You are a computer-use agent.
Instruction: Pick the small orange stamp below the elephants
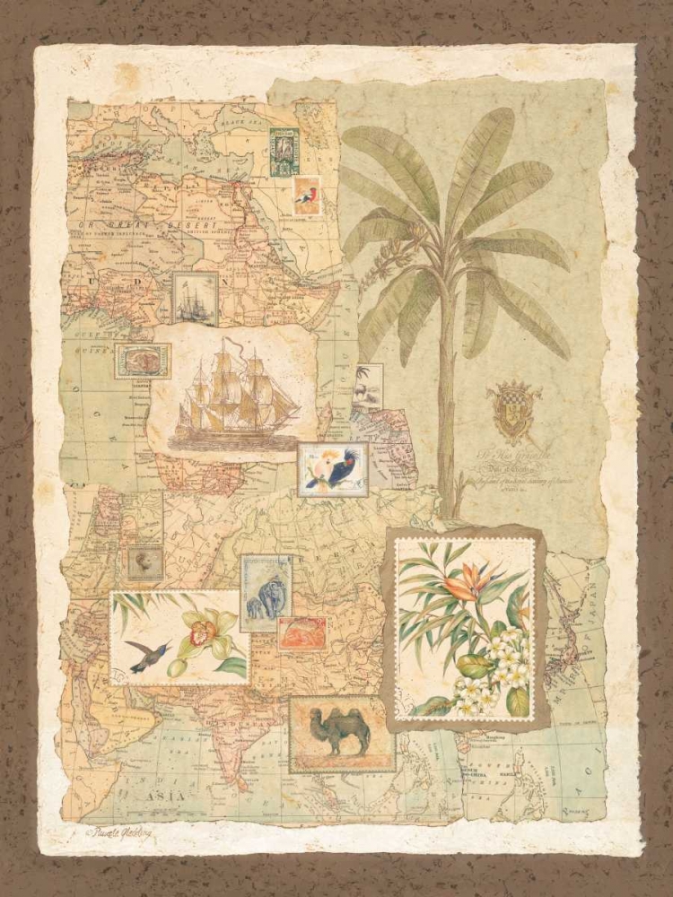[x=302, y=633]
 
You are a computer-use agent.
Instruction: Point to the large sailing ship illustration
[x=235, y=395]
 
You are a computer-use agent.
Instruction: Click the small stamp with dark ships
[x=194, y=299]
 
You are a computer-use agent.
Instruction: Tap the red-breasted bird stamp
[x=306, y=196]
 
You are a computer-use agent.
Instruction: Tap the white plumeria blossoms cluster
[x=503, y=668]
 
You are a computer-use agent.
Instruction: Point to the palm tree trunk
[x=445, y=422]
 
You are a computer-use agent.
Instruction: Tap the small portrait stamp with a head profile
[x=144, y=562]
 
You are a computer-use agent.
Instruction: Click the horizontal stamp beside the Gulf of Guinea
[x=143, y=361]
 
